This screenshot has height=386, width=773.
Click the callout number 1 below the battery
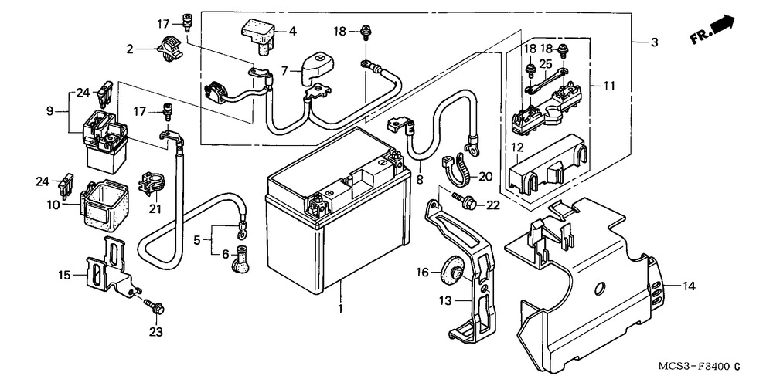[x=339, y=309]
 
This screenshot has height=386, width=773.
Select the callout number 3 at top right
[x=654, y=42]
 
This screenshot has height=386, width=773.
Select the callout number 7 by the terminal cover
[x=285, y=70]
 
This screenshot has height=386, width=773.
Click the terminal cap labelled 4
[x=257, y=32]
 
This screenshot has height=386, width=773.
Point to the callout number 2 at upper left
[x=131, y=49]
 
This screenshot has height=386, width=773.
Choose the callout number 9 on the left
[x=50, y=111]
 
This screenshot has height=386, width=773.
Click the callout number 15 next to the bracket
[x=63, y=274]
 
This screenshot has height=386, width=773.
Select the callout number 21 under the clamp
[x=155, y=210]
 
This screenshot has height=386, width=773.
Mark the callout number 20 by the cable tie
[x=485, y=176]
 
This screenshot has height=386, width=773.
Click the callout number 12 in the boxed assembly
[x=516, y=147]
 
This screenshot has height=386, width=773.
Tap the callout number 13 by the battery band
[x=446, y=300]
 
